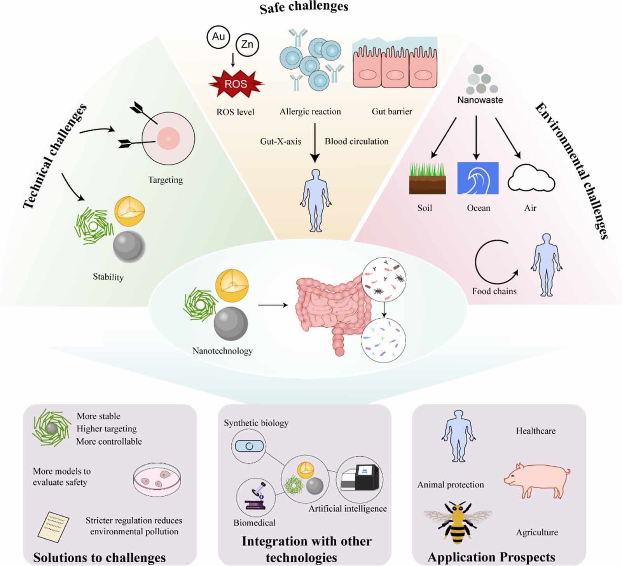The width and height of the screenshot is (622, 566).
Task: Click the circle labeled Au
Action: tap(218, 37)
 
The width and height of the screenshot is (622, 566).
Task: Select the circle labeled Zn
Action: tap(247, 45)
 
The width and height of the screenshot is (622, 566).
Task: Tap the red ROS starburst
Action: tap(236, 84)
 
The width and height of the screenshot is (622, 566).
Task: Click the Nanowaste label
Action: tap(480, 100)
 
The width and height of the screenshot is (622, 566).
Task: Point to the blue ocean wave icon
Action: tap(478, 178)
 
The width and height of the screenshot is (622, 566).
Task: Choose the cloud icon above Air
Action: tap(531, 179)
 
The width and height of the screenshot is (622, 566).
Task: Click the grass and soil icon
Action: tap(427, 179)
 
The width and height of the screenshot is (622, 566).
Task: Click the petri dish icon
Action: tap(157, 479)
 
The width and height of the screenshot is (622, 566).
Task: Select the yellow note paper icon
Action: tap(54, 526)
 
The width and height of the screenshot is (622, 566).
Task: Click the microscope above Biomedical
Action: tap(255, 497)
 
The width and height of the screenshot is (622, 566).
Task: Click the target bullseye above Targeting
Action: tap(168, 138)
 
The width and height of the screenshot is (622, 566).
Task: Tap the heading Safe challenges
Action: tap(304, 7)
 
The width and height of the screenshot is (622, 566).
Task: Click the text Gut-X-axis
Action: tap(281, 142)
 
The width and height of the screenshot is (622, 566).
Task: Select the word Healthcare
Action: tap(536, 431)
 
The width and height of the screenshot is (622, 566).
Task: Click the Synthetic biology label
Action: tap(256, 423)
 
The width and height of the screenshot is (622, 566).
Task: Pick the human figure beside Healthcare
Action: tap(459, 436)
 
